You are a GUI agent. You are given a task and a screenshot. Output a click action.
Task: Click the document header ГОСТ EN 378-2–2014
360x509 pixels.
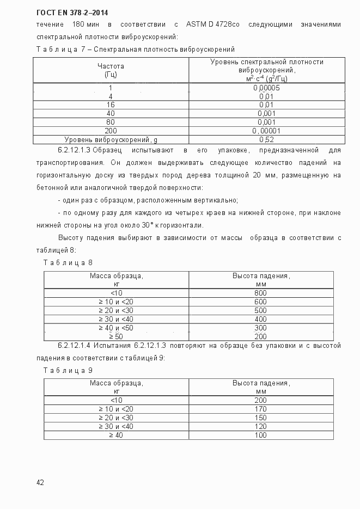[69, 13]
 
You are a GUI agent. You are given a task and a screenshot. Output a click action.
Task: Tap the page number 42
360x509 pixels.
[40, 482]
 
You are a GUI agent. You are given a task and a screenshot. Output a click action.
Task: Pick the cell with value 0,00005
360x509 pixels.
[266, 88]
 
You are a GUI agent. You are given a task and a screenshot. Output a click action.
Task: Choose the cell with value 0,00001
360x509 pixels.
[266, 131]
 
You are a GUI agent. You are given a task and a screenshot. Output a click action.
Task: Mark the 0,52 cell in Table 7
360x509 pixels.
[266, 139]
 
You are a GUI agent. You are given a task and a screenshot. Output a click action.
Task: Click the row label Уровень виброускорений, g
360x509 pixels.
[111, 139]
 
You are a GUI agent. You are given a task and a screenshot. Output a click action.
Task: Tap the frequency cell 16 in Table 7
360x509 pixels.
[111, 105]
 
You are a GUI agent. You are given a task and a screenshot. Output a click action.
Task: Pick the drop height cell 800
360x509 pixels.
[260, 293]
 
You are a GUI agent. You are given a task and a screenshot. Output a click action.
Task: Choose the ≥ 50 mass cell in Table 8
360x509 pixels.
[115, 336]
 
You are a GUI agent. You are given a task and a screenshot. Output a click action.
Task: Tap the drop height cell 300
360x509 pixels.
[260, 328]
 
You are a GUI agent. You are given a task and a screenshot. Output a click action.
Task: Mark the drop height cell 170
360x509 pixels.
[260, 409]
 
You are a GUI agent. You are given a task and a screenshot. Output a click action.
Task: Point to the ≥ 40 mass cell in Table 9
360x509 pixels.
[115, 435]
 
